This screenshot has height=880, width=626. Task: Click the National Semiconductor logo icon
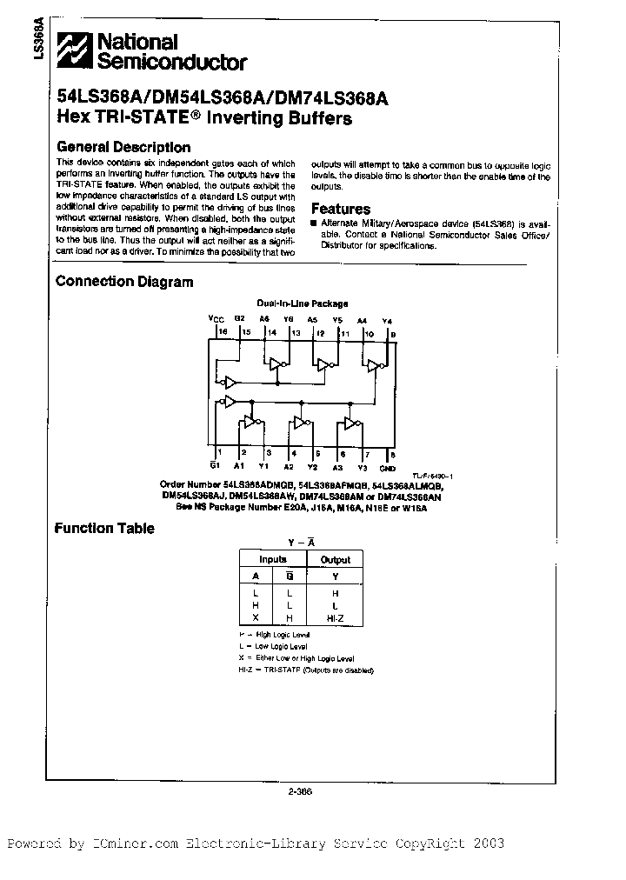pos(75,50)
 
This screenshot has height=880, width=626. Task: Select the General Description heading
pos(123,147)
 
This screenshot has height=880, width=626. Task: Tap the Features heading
pos(341,209)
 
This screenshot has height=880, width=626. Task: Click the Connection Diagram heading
pos(124,281)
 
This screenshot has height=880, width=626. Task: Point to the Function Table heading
pos(105,528)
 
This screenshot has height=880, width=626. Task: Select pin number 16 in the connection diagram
pos(222,332)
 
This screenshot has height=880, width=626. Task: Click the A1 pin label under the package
pos(241,465)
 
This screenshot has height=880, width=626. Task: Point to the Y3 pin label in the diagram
pos(363,465)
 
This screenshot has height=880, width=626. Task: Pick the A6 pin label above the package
pos(263,319)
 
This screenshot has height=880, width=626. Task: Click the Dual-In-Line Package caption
pos(302,303)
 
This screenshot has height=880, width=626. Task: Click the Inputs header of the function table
pos(273,560)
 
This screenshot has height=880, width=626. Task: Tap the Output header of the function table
pos(335,560)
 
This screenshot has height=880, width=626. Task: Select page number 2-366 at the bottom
pos(299,790)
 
